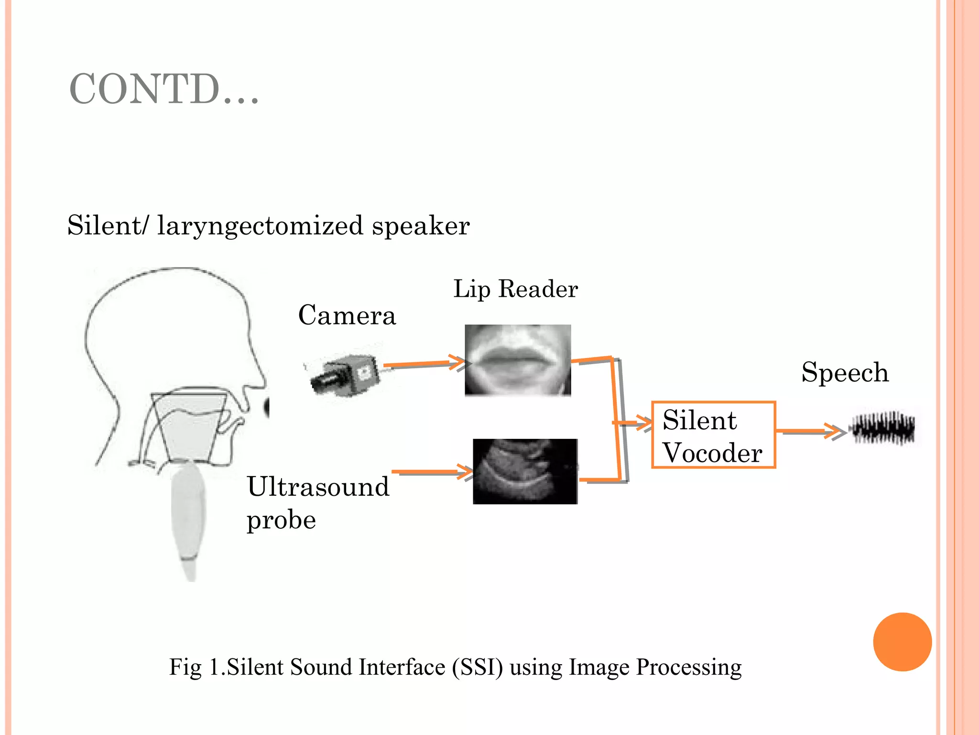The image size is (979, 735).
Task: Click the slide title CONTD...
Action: point(163,89)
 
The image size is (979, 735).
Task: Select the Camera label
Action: point(347,315)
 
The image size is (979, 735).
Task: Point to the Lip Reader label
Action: point(515,289)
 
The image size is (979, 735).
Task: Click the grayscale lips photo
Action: point(518,360)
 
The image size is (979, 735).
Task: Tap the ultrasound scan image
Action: point(525,471)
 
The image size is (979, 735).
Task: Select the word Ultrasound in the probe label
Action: point(318,487)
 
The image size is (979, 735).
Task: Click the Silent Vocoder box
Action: point(713,434)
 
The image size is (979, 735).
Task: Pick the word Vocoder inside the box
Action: point(712,453)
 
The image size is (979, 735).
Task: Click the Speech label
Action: point(845,372)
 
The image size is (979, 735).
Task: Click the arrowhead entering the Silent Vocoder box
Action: point(643,423)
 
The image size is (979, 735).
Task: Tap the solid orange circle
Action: point(902,642)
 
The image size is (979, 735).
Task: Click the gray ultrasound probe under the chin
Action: point(189,517)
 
